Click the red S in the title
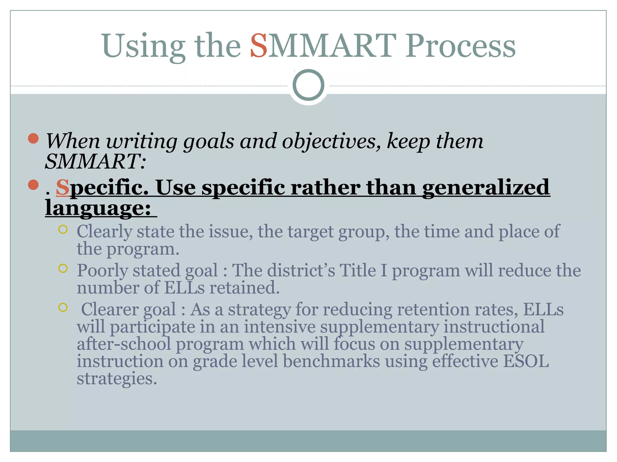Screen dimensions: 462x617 259,46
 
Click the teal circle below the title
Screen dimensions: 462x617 308,85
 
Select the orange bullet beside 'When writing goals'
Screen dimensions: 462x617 33,139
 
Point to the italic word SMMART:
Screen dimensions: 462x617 95,162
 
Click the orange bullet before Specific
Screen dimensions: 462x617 33,185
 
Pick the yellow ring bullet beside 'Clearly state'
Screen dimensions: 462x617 63,229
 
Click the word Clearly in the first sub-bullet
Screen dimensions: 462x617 104,232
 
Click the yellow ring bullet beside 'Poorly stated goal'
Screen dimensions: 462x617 63,268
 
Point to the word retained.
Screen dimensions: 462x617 244,288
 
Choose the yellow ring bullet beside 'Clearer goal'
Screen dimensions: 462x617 63,307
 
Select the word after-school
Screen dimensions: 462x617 124,344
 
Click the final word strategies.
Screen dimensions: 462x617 117,378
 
